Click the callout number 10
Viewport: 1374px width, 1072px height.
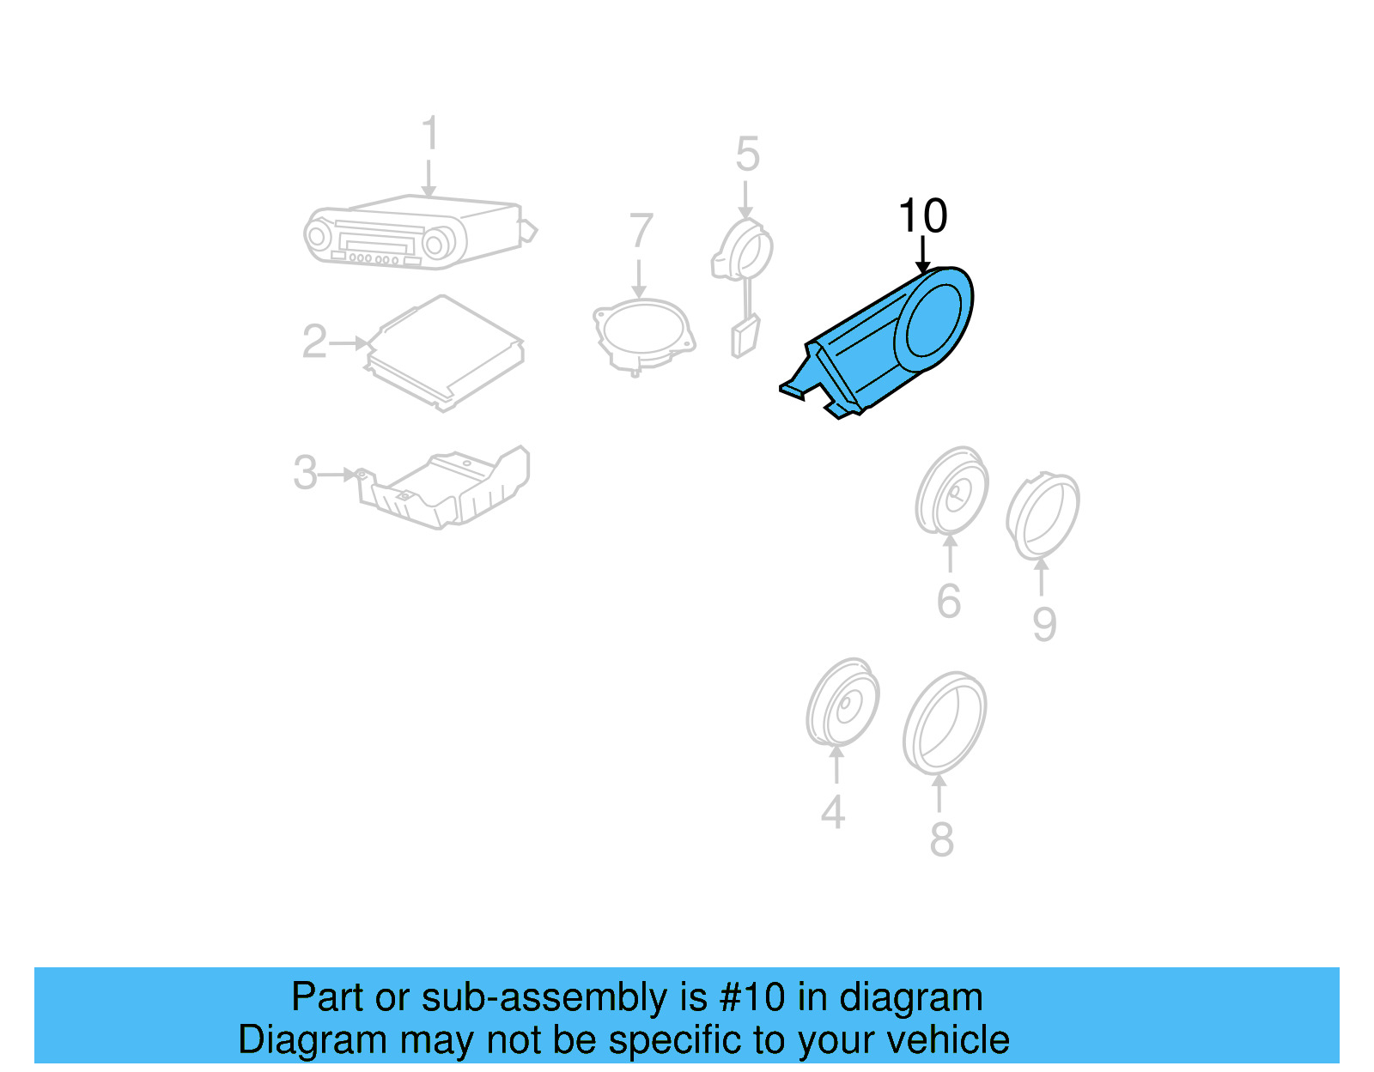[x=922, y=216]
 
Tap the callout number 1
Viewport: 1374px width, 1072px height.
[x=430, y=135]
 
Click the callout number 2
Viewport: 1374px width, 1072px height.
[x=314, y=342]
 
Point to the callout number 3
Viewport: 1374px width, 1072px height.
[x=305, y=473]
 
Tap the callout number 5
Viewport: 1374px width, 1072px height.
[x=747, y=154]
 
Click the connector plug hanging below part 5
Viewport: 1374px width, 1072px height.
[x=744, y=336]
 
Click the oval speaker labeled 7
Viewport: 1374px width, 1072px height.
[x=643, y=334]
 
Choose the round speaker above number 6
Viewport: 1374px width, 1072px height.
[x=951, y=490]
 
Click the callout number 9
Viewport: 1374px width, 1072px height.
[x=1044, y=624]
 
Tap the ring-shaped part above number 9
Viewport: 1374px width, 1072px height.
[x=1043, y=515]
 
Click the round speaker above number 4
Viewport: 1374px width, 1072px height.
[x=842, y=703]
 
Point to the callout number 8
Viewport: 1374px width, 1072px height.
[x=941, y=839]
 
